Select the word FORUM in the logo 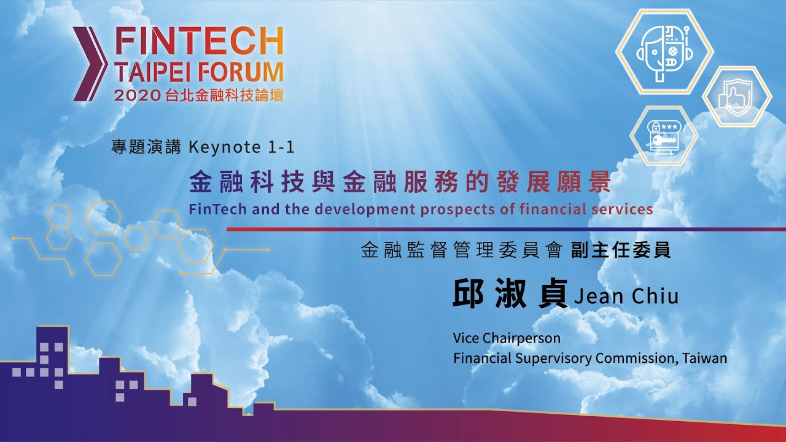coord(241,72)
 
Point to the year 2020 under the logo coord(137,95)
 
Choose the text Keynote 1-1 coord(241,147)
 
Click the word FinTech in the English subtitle coord(218,209)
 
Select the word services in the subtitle coord(622,209)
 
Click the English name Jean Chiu coord(626,296)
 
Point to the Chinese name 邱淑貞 coord(510,293)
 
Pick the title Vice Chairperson coord(507,338)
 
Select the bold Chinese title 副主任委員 coord(621,250)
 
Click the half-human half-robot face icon coord(664,52)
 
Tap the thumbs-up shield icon coord(736,96)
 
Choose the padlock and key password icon coord(664,136)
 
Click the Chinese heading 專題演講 coord(146,147)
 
